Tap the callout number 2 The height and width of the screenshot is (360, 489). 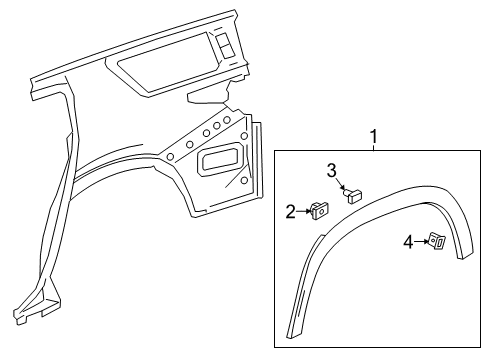[x=291, y=211]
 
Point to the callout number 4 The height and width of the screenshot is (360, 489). [x=407, y=241]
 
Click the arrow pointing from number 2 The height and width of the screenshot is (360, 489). [x=303, y=211]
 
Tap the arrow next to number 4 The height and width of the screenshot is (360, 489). [x=421, y=241]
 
